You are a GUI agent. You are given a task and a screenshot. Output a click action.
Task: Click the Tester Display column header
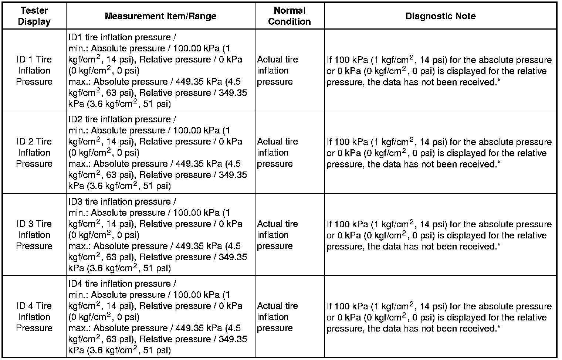pos(34,16)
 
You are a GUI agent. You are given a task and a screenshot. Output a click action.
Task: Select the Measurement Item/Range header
pos(160,16)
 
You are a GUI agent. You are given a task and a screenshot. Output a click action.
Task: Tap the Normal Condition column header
pos(290,16)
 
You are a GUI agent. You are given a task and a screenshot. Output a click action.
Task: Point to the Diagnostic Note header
pos(440,16)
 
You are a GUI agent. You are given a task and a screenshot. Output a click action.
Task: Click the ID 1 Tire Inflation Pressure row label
pos(34,71)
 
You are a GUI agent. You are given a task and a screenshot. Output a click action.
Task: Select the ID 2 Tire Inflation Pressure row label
pos(34,153)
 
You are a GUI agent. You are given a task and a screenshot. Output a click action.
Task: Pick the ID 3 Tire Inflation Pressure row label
pos(34,235)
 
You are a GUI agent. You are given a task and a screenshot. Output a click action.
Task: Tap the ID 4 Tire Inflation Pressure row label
pos(34,317)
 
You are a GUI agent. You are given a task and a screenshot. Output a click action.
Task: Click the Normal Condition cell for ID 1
pos(277,71)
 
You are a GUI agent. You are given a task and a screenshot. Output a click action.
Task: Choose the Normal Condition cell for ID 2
pos(277,153)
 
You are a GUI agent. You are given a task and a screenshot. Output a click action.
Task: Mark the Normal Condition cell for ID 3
pos(277,235)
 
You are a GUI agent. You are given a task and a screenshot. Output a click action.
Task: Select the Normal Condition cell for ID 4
pos(277,317)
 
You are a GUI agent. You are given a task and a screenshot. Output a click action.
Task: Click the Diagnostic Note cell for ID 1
pos(439,71)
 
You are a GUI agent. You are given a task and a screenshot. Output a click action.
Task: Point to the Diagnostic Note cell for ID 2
pos(439,153)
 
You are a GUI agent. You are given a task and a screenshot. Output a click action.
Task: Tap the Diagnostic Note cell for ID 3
pos(439,235)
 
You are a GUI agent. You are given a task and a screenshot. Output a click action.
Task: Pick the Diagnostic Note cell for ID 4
pos(439,317)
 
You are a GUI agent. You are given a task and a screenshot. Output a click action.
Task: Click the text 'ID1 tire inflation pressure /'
pos(122,37)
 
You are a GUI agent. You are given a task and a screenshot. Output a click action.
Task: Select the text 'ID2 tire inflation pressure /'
pos(122,119)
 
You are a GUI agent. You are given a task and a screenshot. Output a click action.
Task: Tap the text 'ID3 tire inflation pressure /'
pos(122,202)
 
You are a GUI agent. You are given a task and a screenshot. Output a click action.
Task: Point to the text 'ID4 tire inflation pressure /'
pos(122,284)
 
